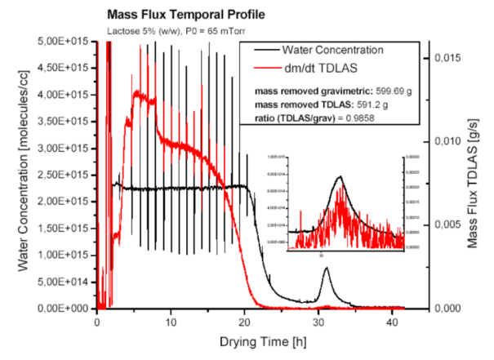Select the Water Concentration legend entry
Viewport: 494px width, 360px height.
[x=343, y=50]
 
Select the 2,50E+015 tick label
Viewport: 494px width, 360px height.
[x=67, y=175]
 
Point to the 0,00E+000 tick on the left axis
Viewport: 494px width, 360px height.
[x=67, y=309]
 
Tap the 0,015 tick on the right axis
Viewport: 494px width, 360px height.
[x=447, y=58]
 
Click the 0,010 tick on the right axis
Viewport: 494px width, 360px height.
[x=447, y=141]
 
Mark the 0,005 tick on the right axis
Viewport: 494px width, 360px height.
[x=447, y=224]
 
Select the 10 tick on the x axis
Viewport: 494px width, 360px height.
[x=171, y=321]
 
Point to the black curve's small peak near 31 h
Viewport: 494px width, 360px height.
[x=327, y=269]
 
